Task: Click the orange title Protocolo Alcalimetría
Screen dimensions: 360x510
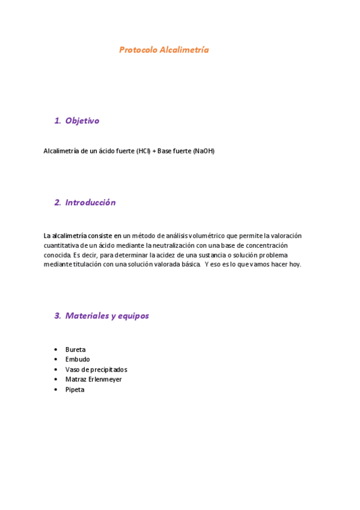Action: (163, 50)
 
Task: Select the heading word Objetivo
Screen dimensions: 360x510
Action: (82, 121)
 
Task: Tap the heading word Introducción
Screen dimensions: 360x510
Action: (90, 203)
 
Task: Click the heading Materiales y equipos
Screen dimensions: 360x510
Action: (107, 316)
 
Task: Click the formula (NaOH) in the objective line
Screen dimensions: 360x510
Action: (203, 151)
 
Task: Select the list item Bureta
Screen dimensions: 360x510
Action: (75, 349)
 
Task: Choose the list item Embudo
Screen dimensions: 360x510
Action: (78, 360)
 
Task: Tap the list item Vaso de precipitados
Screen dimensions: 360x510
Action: (96, 369)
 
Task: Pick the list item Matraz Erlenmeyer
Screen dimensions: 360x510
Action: (93, 379)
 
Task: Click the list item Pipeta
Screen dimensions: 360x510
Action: (75, 390)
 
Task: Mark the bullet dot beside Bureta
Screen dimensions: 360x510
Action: (56, 349)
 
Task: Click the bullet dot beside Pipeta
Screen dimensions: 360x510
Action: (56, 390)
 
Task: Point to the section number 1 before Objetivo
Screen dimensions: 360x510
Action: (57, 121)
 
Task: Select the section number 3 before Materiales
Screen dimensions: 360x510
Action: (57, 316)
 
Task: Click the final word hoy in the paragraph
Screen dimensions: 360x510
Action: (294, 265)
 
